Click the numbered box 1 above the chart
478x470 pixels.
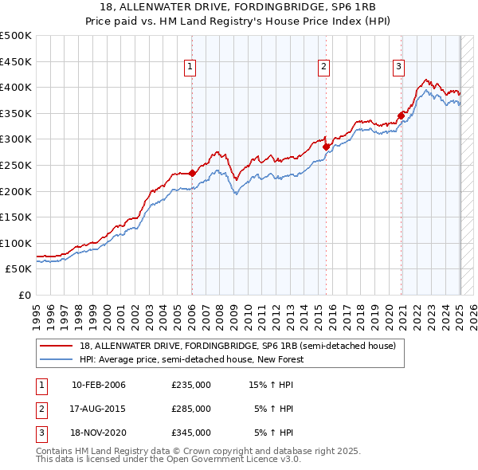pyautogui.click(x=191, y=68)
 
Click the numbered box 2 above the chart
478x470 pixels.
pyautogui.click(x=325, y=68)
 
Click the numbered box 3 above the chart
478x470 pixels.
pyautogui.click(x=398, y=68)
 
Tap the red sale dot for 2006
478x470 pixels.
pyautogui.click(x=192, y=173)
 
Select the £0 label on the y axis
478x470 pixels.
pyautogui.click(x=24, y=295)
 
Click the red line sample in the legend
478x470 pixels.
pyautogui.click(x=57, y=346)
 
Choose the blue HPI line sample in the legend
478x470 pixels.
pyautogui.click(x=57, y=359)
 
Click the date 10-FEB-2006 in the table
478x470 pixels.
pyautogui.click(x=99, y=385)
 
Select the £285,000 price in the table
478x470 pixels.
pyautogui.click(x=191, y=409)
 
